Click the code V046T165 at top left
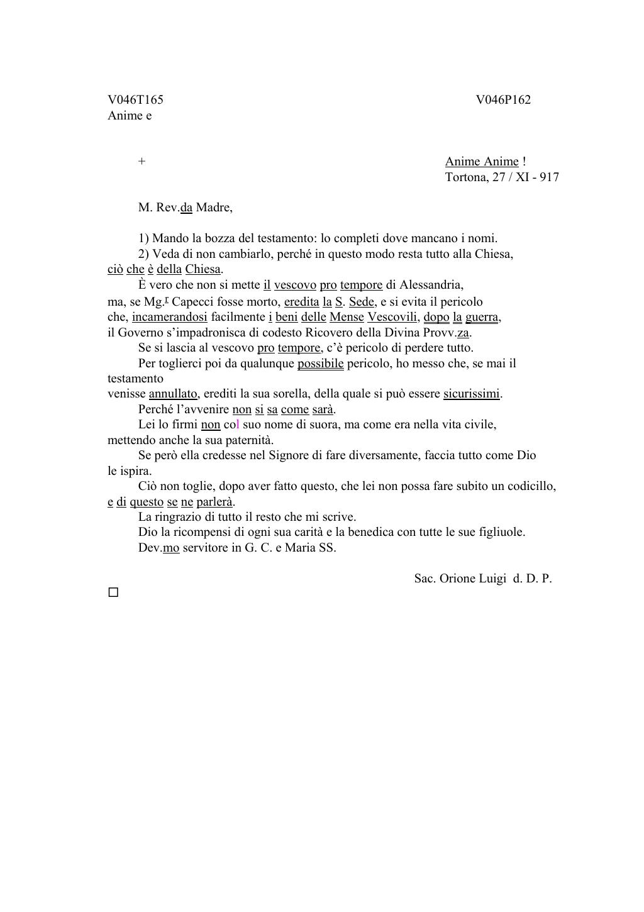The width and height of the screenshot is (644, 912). point(135,100)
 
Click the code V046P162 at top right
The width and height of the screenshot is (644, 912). point(502,100)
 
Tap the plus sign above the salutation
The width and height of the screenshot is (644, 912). point(142,162)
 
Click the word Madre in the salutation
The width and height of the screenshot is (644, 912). point(213,208)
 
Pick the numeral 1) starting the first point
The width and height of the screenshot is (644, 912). point(143,239)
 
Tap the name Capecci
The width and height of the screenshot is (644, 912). point(193,302)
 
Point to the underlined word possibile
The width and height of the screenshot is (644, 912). point(320,364)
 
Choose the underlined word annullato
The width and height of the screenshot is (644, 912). point(173,394)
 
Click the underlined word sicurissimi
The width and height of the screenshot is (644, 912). point(472,394)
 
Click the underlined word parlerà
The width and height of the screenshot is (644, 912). point(215,502)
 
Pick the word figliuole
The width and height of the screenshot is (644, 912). point(500,532)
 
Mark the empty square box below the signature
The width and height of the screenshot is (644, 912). point(113,592)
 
